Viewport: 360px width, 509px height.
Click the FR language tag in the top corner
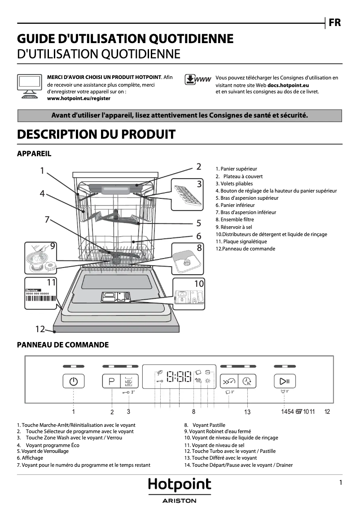point(335,22)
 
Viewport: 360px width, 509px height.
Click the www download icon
point(198,80)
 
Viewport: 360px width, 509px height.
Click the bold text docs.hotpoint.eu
point(288,84)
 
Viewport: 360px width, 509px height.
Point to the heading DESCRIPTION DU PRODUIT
point(96,134)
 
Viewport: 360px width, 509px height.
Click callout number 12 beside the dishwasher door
point(40,329)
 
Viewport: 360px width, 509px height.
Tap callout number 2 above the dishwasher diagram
point(198,167)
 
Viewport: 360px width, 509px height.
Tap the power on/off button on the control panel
point(74,382)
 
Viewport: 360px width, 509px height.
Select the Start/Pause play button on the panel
point(285,382)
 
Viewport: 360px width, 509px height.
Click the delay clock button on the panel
point(246,382)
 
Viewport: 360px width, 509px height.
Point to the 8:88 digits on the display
point(179,376)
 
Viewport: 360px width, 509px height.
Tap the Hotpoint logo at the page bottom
point(179,485)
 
